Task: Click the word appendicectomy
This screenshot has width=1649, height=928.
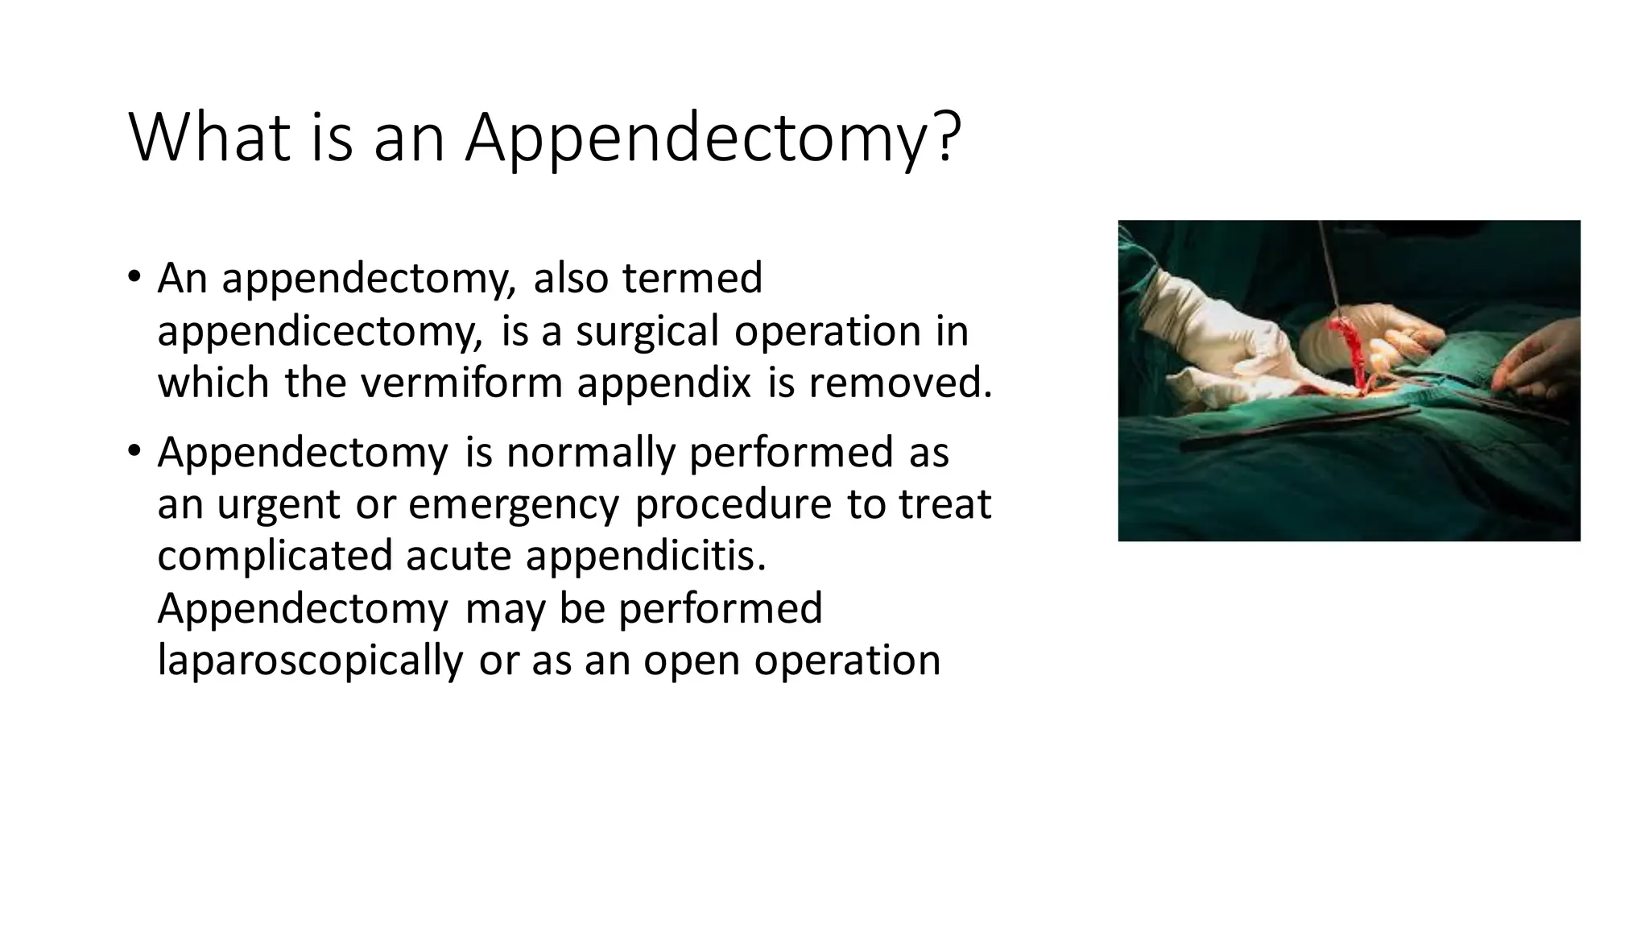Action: [320, 332]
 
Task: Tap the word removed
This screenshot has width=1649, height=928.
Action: [899, 383]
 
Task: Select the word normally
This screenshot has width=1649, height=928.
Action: [589, 453]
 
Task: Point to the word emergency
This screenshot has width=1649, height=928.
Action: [514, 505]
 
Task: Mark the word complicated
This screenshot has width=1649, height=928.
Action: [274, 557]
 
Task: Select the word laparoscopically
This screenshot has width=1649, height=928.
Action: [310, 661]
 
